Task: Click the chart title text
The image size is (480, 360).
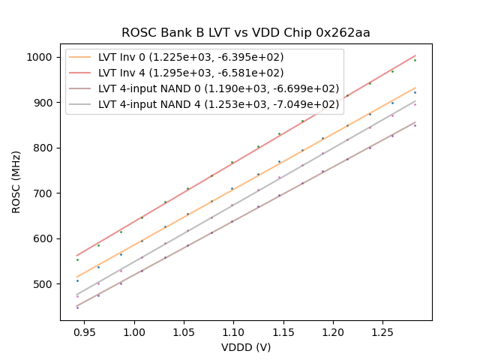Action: (246, 33)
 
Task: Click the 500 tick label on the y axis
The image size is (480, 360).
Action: (43, 284)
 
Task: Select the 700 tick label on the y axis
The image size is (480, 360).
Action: (43, 193)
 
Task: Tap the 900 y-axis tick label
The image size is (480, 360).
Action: (43, 103)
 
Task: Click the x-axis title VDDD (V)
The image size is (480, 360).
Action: (246, 347)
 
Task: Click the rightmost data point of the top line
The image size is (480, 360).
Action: (415, 60)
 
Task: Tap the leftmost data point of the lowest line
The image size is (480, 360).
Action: (77, 307)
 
